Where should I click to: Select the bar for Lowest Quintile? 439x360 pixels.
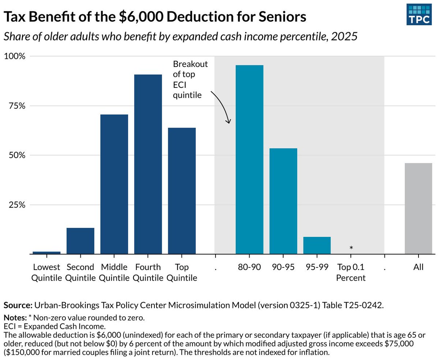click(x=46, y=252)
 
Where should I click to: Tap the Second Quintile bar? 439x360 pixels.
click(x=80, y=241)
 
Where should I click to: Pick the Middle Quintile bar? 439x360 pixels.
click(x=114, y=184)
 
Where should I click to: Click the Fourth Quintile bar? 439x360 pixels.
click(x=148, y=164)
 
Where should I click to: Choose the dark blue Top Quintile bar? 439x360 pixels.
click(x=182, y=191)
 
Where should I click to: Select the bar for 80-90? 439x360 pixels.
click(x=249, y=159)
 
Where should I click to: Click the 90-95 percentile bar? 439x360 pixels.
click(x=283, y=201)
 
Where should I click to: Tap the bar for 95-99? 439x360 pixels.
click(x=317, y=245)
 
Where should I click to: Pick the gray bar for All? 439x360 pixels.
click(x=418, y=208)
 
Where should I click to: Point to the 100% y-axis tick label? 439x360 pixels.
click(x=14, y=56)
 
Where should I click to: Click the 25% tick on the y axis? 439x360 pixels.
click(x=16, y=205)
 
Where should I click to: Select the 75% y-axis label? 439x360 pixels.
click(x=16, y=106)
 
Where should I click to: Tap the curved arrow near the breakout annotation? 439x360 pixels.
click(x=222, y=106)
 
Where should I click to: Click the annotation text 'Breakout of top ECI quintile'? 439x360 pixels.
click(x=190, y=80)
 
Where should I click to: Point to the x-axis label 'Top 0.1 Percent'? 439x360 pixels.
click(x=351, y=272)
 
